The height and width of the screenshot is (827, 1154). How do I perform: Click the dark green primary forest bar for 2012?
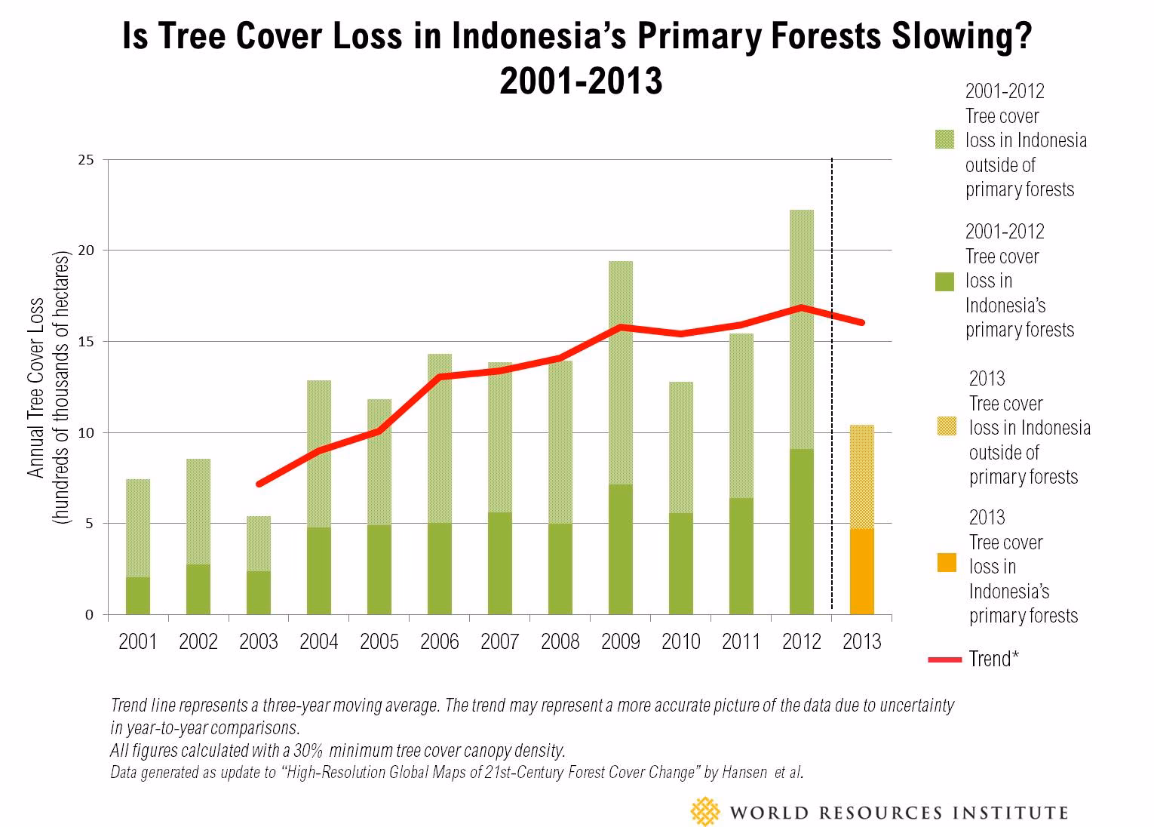click(802, 531)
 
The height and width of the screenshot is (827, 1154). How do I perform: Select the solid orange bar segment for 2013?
click(862, 571)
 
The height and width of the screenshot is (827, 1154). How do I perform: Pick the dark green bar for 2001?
click(138, 595)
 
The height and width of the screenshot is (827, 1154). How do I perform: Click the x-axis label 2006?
click(440, 642)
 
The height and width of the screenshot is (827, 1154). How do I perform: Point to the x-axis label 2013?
click(862, 642)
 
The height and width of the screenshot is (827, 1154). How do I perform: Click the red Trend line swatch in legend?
click(944, 660)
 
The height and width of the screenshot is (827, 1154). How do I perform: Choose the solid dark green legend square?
click(944, 281)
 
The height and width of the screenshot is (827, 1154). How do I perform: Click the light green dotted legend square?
click(944, 140)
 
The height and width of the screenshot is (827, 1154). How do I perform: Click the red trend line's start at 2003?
click(259, 484)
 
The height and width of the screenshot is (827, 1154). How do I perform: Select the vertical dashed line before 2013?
click(832, 377)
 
